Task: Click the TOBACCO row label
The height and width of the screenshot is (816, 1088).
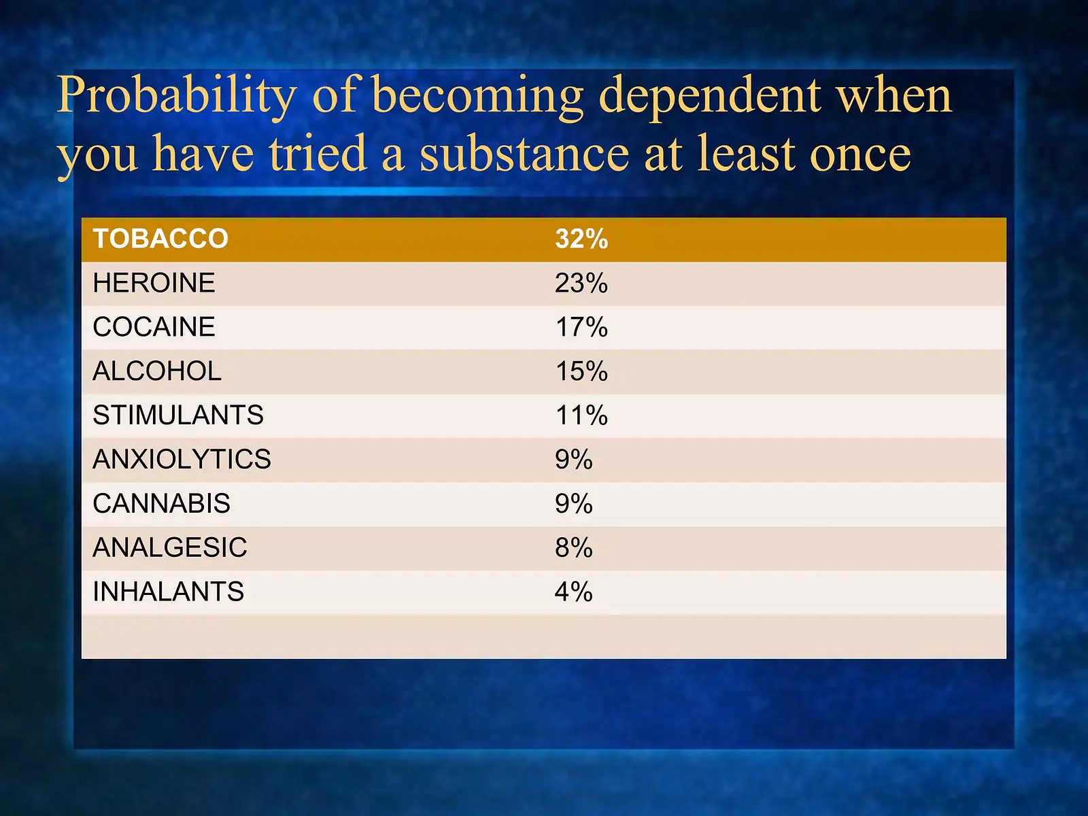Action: tap(160, 239)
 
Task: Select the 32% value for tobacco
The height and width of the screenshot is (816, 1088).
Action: tap(581, 239)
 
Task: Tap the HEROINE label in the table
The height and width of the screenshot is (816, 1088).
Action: tap(154, 283)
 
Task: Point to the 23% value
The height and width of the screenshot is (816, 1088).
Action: tap(581, 283)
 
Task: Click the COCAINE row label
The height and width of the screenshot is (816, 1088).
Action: tap(154, 327)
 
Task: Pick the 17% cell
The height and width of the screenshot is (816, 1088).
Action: tap(581, 327)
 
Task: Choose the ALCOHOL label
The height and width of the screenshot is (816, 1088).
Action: tap(157, 371)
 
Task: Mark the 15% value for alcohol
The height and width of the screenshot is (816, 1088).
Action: tap(581, 371)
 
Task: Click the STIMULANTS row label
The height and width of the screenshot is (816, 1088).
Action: tap(178, 415)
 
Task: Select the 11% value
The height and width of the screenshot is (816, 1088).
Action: tap(581, 415)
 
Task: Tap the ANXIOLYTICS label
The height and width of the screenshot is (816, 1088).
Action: tap(182, 460)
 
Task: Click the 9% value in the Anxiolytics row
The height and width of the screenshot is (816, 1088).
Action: tap(574, 460)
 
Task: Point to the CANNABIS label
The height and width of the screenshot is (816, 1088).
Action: tap(161, 504)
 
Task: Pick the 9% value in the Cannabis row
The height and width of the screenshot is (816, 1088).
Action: tap(574, 504)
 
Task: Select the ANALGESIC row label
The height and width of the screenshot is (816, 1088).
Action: tap(170, 547)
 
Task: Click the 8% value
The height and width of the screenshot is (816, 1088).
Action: tap(574, 547)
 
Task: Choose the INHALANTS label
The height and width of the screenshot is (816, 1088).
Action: tap(168, 592)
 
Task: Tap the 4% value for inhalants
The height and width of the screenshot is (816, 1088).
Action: tap(574, 592)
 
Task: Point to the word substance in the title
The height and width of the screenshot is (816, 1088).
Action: tap(524, 154)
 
